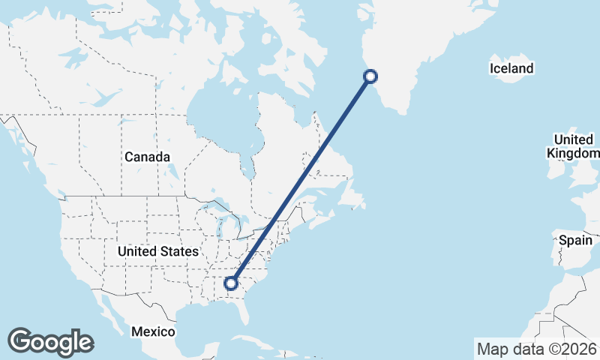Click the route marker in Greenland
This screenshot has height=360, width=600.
tap(370, 76)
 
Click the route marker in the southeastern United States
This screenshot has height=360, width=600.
tap(231, 283)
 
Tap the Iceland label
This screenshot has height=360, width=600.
tap(511, 69)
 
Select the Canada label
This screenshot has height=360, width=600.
tap(147, 157)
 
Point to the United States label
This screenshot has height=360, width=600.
tap(157, 252)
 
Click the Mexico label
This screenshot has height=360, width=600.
tap(153, 331)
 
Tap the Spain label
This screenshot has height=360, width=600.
tap(576, 241)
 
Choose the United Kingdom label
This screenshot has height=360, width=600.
tap(574, 146)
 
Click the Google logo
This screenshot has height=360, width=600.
tap(50, 342)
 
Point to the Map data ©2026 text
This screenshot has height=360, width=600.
tap(536, 349)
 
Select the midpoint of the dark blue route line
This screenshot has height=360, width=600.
tap(300, 179)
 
